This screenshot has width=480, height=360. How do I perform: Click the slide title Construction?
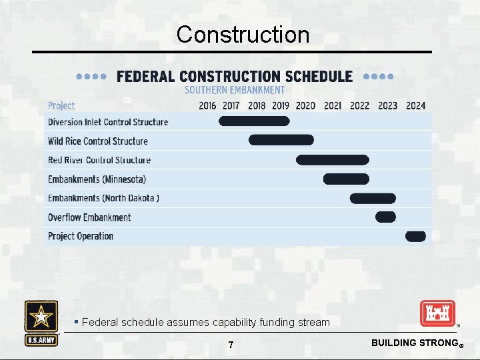tap(243, 34)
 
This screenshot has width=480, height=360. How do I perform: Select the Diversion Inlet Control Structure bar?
tap(255, 121)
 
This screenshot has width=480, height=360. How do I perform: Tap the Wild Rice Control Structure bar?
tap(281, 140)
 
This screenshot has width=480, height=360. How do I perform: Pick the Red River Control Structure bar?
tap(332, 160)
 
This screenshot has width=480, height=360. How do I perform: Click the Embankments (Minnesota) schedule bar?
tap(346, 179)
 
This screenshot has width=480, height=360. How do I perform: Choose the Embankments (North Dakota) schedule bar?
tap(373, 198)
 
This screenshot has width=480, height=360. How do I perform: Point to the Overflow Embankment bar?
tap(385, 217)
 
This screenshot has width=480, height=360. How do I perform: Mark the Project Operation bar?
tap(415, 236)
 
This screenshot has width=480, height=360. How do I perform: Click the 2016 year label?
tap(207, 105)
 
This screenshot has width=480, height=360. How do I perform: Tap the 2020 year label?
tap(305, 105)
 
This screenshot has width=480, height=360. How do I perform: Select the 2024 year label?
tap(415, 105)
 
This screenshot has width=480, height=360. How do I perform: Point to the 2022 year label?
tap(359, 105)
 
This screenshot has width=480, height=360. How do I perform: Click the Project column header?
tap(61, 105)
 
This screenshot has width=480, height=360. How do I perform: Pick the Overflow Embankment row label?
tap(89, 217)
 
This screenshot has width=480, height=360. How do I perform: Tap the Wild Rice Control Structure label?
tap(98, 141)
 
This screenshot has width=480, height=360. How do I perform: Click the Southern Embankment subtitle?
tap(234, 90)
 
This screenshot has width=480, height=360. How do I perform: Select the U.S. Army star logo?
tap(41, 317)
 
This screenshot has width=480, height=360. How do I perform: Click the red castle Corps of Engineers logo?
tap(437, 314)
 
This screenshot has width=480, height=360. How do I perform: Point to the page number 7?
tap(231, 345)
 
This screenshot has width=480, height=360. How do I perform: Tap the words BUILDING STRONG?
tap(413, 343)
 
